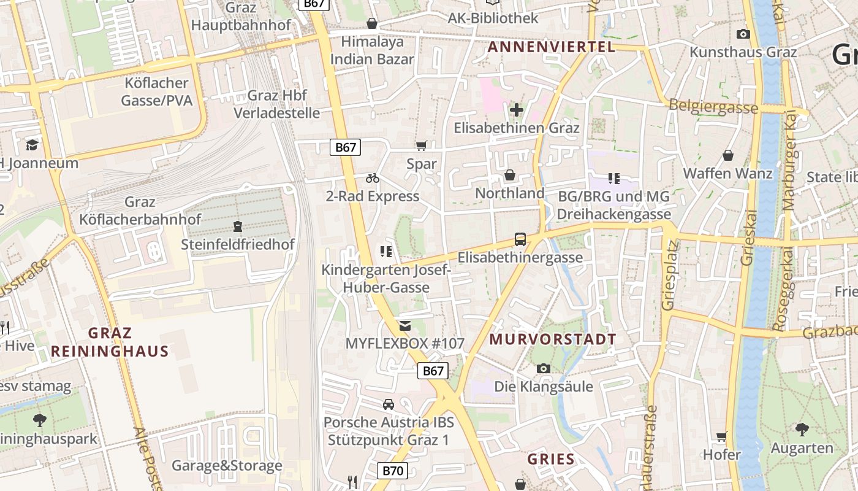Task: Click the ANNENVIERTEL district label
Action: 551,47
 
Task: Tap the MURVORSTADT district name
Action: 553,339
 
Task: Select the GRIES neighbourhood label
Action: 551,459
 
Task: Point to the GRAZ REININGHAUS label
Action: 110,342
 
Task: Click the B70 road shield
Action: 392,471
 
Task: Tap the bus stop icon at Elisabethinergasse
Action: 520,239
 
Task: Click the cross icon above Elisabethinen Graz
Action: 517,110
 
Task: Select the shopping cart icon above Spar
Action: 421,146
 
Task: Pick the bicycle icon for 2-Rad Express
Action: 373,179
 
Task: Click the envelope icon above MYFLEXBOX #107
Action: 404,325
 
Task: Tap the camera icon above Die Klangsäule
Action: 543,368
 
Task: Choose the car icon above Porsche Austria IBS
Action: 389,404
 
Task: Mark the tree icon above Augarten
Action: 802,429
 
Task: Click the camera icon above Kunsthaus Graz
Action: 743,34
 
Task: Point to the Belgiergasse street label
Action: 713,106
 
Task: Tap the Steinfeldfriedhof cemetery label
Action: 238,244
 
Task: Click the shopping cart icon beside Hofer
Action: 722,437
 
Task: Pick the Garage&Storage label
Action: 227,465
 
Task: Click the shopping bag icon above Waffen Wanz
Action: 728,155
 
